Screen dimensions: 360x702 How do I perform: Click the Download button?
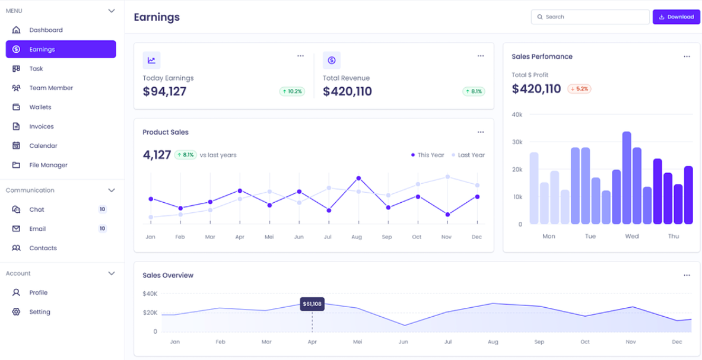click(x=676, y=17)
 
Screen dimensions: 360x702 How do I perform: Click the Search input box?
click(x=590, y=17)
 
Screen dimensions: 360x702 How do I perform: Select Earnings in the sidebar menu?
click(x=61, y=49)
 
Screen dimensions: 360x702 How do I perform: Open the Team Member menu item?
click(x=50, y=88)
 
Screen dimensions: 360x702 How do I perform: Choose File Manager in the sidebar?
click(x=48, y=165)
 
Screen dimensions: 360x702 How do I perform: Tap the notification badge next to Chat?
click(x=102, y=209)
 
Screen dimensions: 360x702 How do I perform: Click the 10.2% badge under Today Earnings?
click(x=292, y=91)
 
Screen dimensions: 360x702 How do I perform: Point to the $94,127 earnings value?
click(x=164, y=91)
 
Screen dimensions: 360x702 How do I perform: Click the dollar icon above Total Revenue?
click(x=332, y=60)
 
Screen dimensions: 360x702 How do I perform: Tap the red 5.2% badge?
click(x=579, y=89)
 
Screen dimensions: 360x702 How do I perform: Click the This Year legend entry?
click(x=427, y=155)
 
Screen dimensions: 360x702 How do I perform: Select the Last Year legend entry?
click(x=468, y=155)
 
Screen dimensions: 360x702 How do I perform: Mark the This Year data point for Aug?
click(x=358, y=178)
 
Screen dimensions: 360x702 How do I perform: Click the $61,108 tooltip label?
click(x=312, y=304)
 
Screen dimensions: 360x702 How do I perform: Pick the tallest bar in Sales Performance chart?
click(x=627, y=178)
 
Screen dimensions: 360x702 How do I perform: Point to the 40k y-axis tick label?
click(x=517, y=114)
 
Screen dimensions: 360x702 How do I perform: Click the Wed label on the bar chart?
click(x=632, y=236)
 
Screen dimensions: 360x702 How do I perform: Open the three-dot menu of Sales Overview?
click(x=687, y=275)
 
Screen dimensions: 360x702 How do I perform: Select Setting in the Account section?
click(x=40, y=312)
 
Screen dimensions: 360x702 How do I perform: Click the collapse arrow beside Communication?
click(x=111, y=190)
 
